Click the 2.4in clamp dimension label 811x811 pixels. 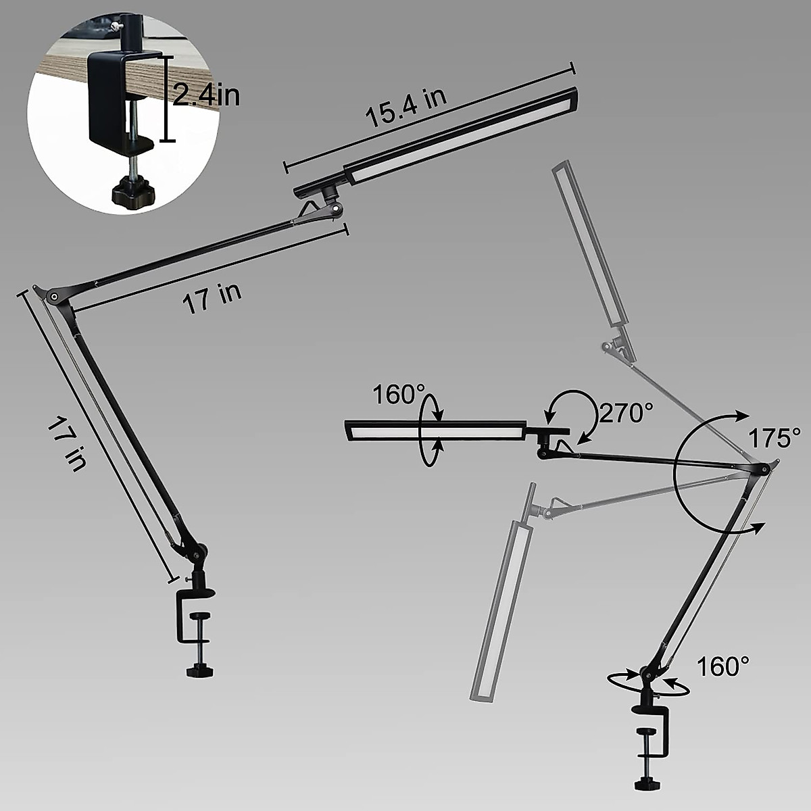(x=206, y=96)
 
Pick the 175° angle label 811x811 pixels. (x=774, y=437)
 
